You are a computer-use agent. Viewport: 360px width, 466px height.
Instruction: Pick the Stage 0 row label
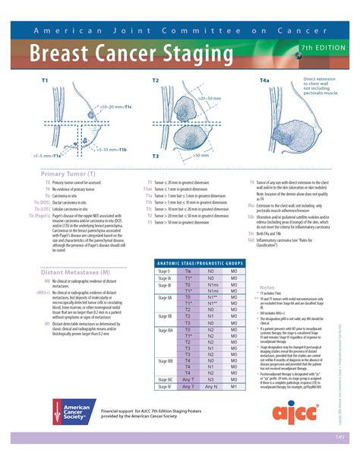[164, 271]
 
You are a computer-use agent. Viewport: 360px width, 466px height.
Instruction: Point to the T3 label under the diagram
[155, 155]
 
